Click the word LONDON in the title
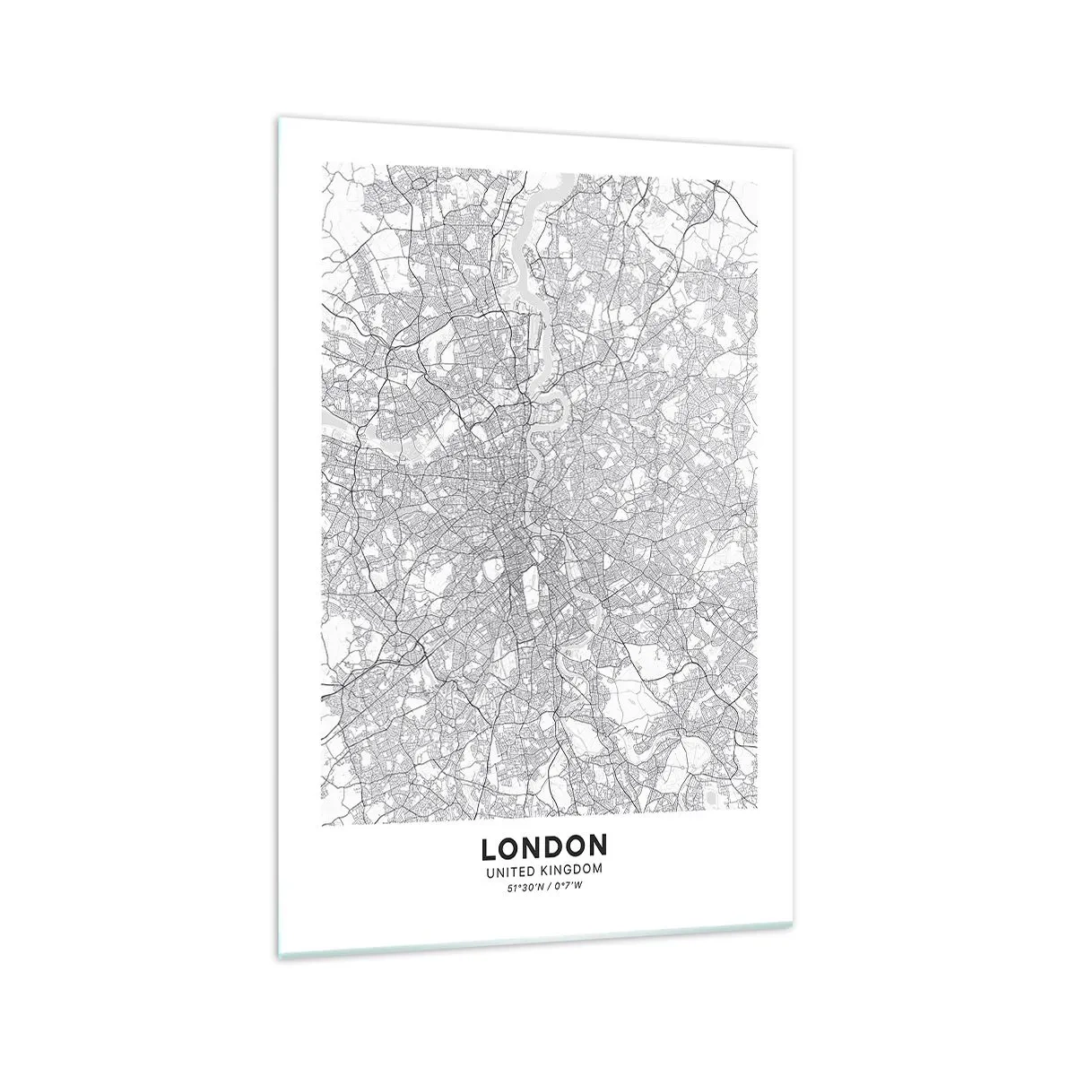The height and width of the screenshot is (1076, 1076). tap(544, 847)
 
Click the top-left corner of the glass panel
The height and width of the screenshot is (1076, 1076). tap(275, 119)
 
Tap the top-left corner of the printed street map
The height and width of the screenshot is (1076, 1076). tap(325, 163)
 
